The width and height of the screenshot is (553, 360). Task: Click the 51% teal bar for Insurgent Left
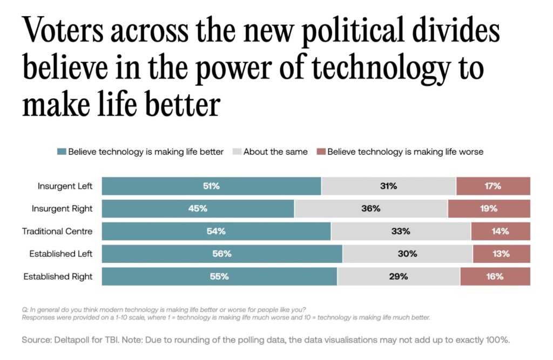tap(211, 186)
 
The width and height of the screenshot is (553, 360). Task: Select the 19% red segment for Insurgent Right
tap(489, 209)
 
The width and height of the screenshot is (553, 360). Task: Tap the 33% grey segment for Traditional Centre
tap(401, 232)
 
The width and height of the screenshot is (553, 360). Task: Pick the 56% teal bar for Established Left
tap(222, 254)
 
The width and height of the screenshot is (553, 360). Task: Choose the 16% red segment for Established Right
tap(495, 276)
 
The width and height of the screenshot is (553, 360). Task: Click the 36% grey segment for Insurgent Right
tap(371, 209)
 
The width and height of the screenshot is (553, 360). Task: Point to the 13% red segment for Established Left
tap(501, 254)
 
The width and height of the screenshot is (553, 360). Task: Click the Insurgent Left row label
tap(65, 186)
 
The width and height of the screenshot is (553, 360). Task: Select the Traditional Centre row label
tap(57, 232)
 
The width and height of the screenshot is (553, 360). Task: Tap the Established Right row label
tap(58, 276)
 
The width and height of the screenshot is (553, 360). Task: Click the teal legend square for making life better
tap(61, 152)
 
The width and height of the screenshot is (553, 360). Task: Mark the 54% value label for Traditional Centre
tap(216, 232)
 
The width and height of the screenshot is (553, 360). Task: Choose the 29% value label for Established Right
tap(399, 276)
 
